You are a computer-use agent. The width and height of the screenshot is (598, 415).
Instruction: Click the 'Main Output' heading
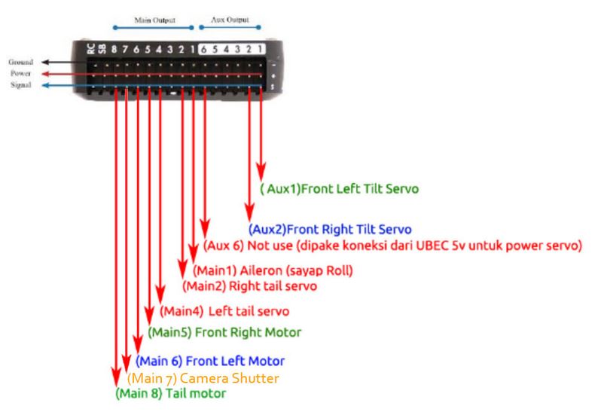click(154, 23)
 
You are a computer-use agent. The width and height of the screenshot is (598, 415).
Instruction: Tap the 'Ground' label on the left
click(20, 62)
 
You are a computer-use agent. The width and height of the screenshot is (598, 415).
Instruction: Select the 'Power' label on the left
click(21, 75)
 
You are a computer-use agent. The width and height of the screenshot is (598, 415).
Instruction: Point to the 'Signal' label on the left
click(21, 86)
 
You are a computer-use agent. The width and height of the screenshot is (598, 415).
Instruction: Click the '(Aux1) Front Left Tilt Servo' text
click(338, 188)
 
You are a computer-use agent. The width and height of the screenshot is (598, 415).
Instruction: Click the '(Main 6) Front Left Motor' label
click(211, 360)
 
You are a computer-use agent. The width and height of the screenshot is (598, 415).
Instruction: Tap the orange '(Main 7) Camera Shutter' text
click(203, 377)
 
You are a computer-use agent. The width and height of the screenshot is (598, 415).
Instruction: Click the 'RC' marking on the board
click(91, 48)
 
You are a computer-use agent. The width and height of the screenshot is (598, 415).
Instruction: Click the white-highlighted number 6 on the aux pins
click(203, 50)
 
